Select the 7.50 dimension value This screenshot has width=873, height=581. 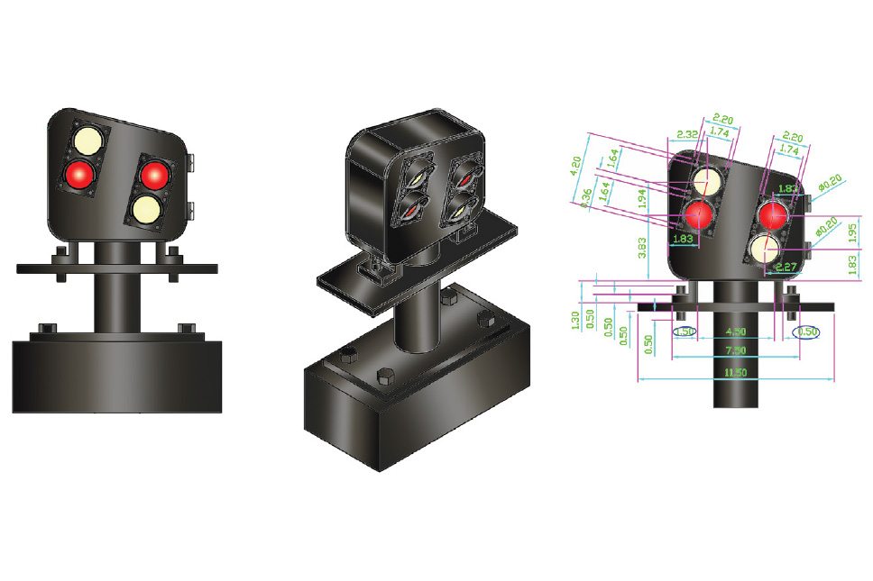coord(735,351)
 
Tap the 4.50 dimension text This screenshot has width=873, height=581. coord(735,331)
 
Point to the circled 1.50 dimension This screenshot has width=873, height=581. coord(685,331)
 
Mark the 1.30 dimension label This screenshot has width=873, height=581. coord(577,319)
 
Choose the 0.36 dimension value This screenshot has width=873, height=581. coord(589,196)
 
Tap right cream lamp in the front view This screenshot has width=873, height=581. coord(144,208)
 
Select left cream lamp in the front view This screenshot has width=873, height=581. coord(87,141)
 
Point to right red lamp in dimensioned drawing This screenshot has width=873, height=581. coord(772,215)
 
